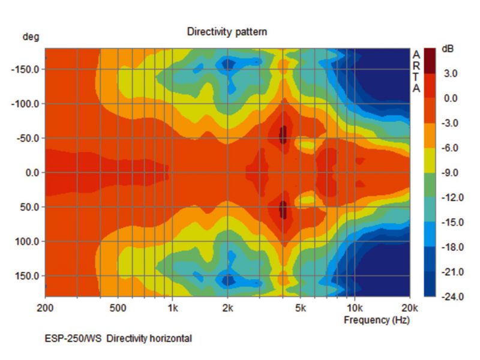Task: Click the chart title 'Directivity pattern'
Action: [x=227, y=31]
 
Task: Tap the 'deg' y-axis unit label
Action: [x=31, y=37]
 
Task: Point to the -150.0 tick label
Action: [x=25, y=69]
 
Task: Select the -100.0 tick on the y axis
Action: [x=25, y=104]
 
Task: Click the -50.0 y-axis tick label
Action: [x=26, y=139]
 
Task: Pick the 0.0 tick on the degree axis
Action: [x=31, y=173]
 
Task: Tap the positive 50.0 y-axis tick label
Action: [x=29, y=208]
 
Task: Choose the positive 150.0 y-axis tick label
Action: [x=26, y=276]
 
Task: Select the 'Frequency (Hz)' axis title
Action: [x=376, y=320]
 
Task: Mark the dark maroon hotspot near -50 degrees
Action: [x=284, y=134]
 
